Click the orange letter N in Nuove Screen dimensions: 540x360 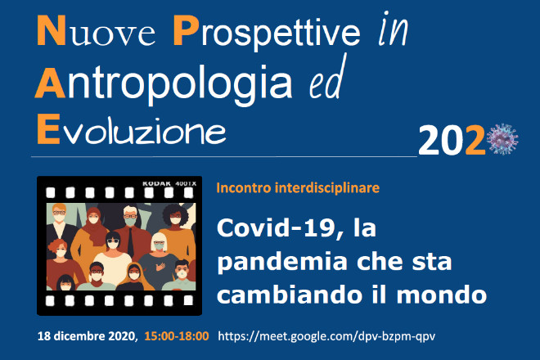pyautogui.click(x=51, y=30)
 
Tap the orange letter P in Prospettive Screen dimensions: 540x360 pyautogui.click(x=186, y=30)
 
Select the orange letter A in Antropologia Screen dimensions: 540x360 pyautogui.click(x=50, y=83)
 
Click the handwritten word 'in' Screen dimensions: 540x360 pyautogui.click(x=393, y=29)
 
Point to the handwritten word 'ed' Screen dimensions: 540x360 pyautogui.click(x=327, y=78)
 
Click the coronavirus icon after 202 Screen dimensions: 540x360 pyautogui.click(x=502, y=139)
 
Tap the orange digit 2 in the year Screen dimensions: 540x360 pyautogui.click(x=475, y=140)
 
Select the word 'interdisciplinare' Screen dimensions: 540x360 pyautogui.click(x=326, y=188)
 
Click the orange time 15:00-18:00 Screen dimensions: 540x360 pyautogui.click(x=177, y=336)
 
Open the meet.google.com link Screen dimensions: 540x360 pyautogui.click(x=326, y=336)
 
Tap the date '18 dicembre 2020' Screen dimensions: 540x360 pyautogui.click(x=87, y=336)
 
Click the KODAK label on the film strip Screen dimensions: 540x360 pyautogui.click(x=157, y=183)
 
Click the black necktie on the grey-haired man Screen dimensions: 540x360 pyautogui.click(x=131, y=242)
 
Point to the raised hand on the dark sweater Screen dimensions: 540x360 pyautogui.click(x=160, y=266)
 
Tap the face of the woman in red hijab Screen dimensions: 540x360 pyautogui.click(x=93, y=218)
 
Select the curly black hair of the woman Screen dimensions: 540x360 pyautogui.click(x=176, y=214)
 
